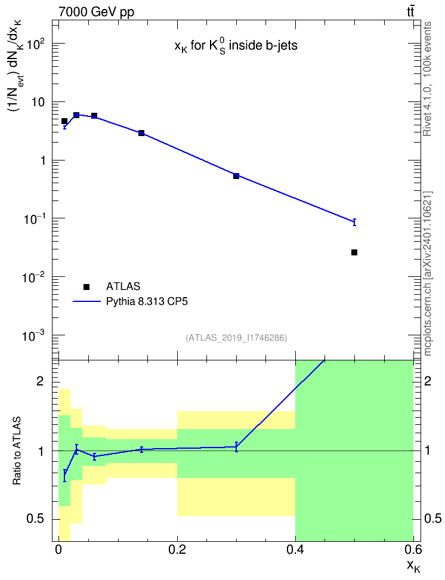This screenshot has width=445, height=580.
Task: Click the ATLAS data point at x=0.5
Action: point(354,252)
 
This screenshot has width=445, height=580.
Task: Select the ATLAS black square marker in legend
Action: point(86,286)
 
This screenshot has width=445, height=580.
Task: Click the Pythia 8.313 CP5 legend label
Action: point(147,301)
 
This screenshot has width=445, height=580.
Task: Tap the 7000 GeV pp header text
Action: point(96,12)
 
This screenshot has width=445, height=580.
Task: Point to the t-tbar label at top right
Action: point(410,11)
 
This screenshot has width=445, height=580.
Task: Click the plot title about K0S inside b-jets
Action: point(236,46)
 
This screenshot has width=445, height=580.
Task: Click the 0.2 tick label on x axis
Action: point(177,550)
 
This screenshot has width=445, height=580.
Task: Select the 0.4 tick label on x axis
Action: point(295,550)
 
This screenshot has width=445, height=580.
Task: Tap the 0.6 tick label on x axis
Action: point(413,550)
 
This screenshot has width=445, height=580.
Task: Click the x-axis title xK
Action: point(413,566)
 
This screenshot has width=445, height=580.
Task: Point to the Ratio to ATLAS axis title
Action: point(17,451)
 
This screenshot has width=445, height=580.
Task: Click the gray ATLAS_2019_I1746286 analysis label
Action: point(236,338)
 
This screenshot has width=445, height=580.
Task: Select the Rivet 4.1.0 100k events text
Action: point(427,79)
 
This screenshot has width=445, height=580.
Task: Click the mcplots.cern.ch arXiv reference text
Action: point(428,274)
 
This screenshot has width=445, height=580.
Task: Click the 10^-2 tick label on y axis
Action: point(33,277)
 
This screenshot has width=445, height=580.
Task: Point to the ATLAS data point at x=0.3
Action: point(236,175)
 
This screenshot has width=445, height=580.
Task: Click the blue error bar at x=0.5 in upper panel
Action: point(354,222)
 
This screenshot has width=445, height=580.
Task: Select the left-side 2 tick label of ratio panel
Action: point(40,381)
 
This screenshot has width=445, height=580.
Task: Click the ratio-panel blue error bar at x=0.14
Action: point(141,449)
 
